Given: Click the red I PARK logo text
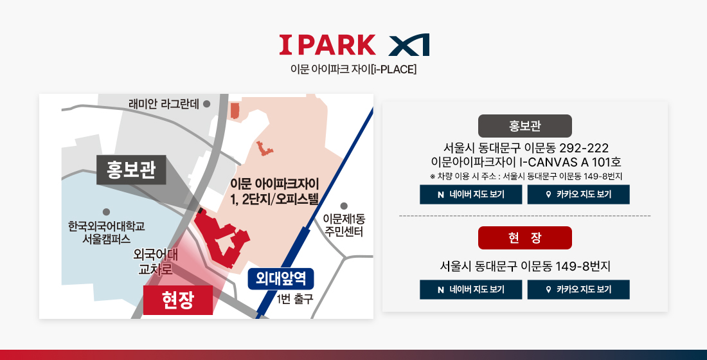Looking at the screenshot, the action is [327, 44].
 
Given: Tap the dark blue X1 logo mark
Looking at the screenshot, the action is [409, 44].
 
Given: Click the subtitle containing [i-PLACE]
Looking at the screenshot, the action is [353, 69].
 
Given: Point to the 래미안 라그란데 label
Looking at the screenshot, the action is [164, 104].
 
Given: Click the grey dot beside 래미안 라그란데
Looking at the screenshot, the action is [206, 104].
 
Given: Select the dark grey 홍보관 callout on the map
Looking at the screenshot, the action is [131, 170].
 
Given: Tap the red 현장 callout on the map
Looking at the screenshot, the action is [178, 300].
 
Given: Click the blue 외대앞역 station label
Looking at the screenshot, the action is [281, 278].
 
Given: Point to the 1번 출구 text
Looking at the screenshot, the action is [295, 299].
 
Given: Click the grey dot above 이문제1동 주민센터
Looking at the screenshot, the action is [344, 206].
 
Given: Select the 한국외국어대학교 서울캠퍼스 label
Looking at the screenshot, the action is [107, 232].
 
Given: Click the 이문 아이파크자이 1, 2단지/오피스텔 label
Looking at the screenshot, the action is [274, 192].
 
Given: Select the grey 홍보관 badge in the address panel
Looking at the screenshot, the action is [525, 126].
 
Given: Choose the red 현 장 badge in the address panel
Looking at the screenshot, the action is [525, 238].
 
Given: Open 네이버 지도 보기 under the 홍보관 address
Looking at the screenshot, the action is [470, 194].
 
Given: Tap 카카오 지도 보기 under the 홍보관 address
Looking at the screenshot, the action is [578, 194].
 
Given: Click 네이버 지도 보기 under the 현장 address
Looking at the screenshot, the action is [470, 290].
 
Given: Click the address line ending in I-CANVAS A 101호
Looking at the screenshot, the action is [526, 162].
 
